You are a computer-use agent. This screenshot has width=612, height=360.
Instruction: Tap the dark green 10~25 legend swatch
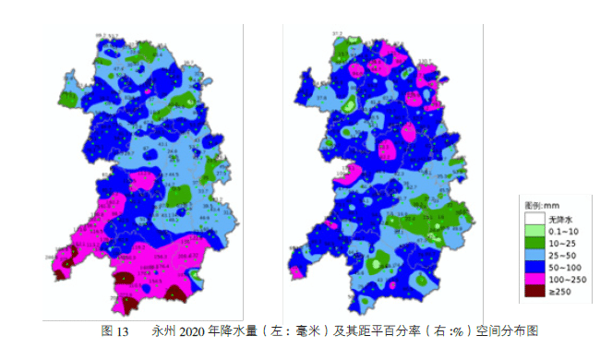pos(531,242)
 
